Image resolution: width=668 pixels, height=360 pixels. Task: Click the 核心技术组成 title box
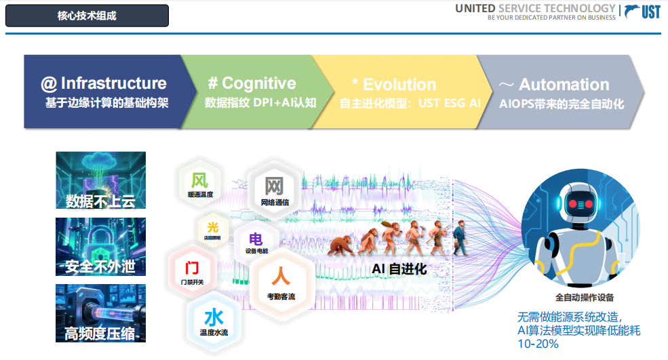pyautogui.click(x=87, y=16)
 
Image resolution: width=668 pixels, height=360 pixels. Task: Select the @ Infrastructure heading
pyautogui.click(x=104, y=83)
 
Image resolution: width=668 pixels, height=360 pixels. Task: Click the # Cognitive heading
pyautogui.click(x=252, y=83)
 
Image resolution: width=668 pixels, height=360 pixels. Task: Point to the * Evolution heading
pyautogui.click(x=394, y=85)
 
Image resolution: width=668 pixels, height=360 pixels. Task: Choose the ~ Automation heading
pyautogui.click(x=555, y=85)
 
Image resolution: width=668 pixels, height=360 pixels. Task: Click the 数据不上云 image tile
pyautogui.click(x=100, y=180)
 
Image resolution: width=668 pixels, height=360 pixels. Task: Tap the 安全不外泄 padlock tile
pyautogui.click(x=100, y=246)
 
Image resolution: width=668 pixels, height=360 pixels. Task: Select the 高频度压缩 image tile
pyautogui.click(x=100, y=313)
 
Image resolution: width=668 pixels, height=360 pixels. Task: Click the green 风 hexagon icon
pyautogui.click(x=199, y=182)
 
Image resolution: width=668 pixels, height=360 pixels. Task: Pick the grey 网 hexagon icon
pyautogui.click(x=274, y=187)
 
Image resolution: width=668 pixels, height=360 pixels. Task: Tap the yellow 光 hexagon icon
pyautogui.click(x=212, y=228)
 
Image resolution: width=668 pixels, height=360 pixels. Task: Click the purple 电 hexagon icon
pyautogui.click(x=256, y=241)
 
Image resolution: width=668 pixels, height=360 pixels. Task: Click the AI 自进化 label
pyautogui.click(x=399, y=269)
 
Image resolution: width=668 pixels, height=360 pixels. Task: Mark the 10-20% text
pyautogui.click(x=538, y=344)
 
